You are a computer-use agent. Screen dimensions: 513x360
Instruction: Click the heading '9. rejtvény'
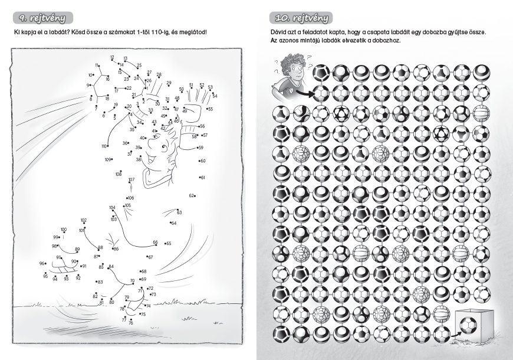pos(42,18)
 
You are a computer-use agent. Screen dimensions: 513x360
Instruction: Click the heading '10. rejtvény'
pos(301,18)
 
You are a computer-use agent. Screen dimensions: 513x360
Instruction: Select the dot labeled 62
pos(195,196)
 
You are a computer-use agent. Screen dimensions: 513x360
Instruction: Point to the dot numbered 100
pos(64,233)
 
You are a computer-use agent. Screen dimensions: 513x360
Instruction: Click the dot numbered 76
pos(131,319)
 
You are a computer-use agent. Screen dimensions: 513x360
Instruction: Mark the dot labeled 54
pos(212,93)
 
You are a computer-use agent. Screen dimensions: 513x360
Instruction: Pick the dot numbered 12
pos(113,61)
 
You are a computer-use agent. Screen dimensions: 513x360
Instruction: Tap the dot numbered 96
pos(45,263)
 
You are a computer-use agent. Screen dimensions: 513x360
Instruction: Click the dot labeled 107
pos(130,181)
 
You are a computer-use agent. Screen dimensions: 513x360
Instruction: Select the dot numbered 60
pos(199,161)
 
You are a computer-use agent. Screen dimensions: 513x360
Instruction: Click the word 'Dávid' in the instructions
pos(278,32)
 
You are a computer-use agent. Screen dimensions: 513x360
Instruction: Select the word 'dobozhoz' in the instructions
pos(389,41)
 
